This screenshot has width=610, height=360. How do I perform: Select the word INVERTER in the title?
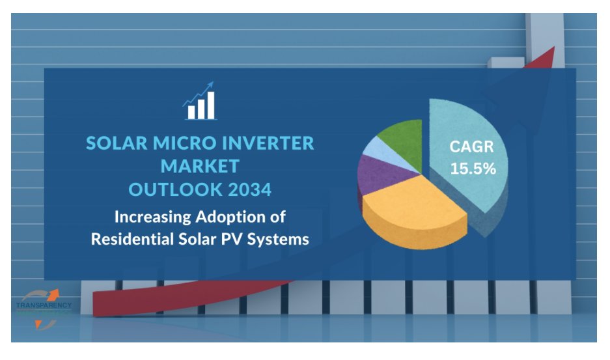point(271,143)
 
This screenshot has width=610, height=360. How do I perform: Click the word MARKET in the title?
point(200,166)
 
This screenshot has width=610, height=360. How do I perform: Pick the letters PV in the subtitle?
point(232,239)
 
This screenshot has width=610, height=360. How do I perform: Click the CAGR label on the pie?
point(471,147)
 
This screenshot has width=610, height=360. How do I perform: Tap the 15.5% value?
point(473,169)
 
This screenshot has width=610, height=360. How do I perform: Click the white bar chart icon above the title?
point(199,102)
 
